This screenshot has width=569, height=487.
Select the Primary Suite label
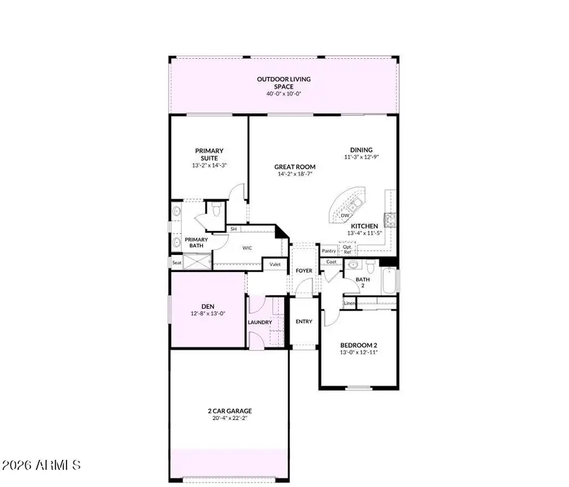(209, 154)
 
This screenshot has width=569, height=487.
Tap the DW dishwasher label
(345, 216)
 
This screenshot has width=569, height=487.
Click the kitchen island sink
(354, 204)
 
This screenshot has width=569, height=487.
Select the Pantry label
(329, 251)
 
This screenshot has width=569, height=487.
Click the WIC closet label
(248, 248)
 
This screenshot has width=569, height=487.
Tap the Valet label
(275, 264)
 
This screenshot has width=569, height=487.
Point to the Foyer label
(304, 271)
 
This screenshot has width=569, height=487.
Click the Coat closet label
(331, 262)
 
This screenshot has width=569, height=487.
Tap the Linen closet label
(350, 304)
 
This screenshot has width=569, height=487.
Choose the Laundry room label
(260, 323)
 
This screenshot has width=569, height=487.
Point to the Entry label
(304, 321)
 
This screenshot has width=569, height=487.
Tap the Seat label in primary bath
(176, 262)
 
